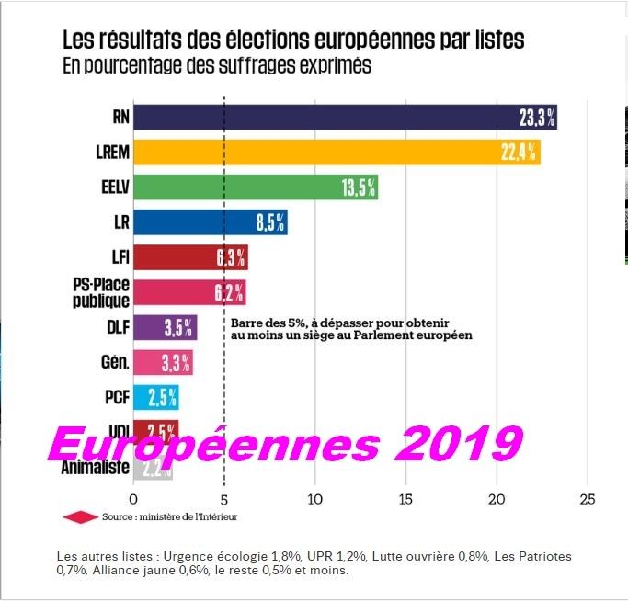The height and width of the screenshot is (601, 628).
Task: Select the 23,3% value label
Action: click(536, 118)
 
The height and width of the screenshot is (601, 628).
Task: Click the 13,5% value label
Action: click(359, 187)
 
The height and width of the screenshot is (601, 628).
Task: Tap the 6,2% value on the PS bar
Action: click(229, 293)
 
